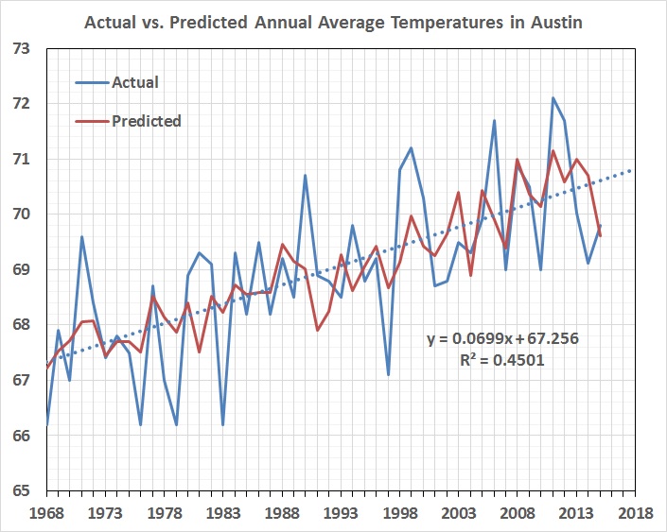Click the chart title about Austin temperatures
(332, 21)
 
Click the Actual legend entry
(134, 82)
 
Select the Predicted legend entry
(146, 121)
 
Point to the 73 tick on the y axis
(22, 48)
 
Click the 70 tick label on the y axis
(22, 215)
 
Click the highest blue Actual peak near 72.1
(553, 98)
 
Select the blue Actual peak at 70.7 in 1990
(305, 176)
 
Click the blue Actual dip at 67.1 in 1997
(388, 375)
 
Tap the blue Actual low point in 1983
(222, 425)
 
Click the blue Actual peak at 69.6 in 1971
(81, 236)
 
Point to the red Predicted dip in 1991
(317, 330)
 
